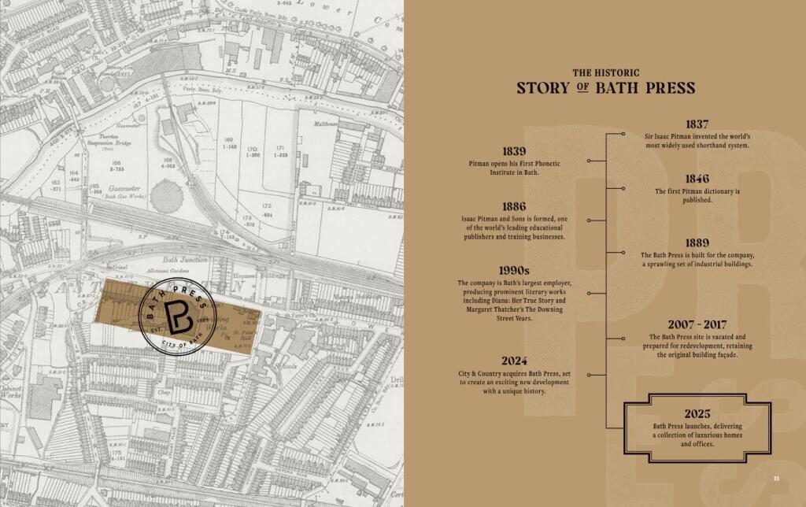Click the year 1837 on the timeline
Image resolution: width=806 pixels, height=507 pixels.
tap(697, 124)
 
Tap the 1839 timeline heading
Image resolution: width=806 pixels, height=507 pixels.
tap(513, 151)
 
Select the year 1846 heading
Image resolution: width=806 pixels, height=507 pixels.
tap(697, 179)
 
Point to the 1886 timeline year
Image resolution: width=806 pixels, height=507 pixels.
tap(513, 207)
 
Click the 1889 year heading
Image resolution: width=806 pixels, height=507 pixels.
tap(697, 243)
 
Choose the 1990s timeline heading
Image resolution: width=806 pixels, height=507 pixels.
tap(513, 271)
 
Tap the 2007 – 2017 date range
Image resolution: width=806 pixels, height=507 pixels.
tap(697, 324)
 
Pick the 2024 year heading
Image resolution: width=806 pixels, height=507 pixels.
tap(513, 361)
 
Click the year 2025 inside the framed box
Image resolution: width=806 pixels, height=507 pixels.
tap(697, 414)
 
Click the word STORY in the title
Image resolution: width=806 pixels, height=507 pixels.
tap(542, 87)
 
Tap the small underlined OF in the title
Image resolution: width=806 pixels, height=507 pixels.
tap(582, 88)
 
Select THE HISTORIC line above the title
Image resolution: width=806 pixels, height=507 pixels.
tap(605, 72)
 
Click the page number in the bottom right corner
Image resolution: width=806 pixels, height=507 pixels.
tap(776, 477)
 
